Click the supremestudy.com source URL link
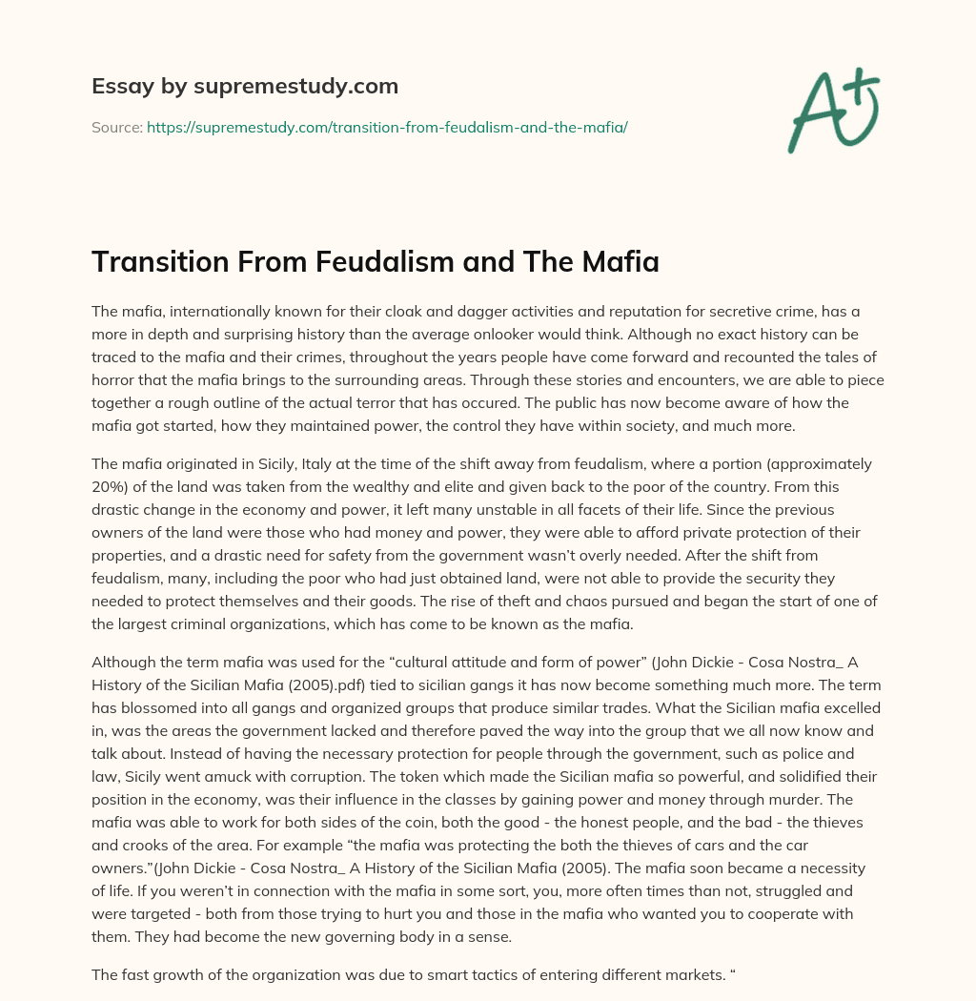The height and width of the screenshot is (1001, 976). (387, 127)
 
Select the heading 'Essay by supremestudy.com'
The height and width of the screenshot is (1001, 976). (244, 87)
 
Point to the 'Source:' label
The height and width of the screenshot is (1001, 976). (117, 127)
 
